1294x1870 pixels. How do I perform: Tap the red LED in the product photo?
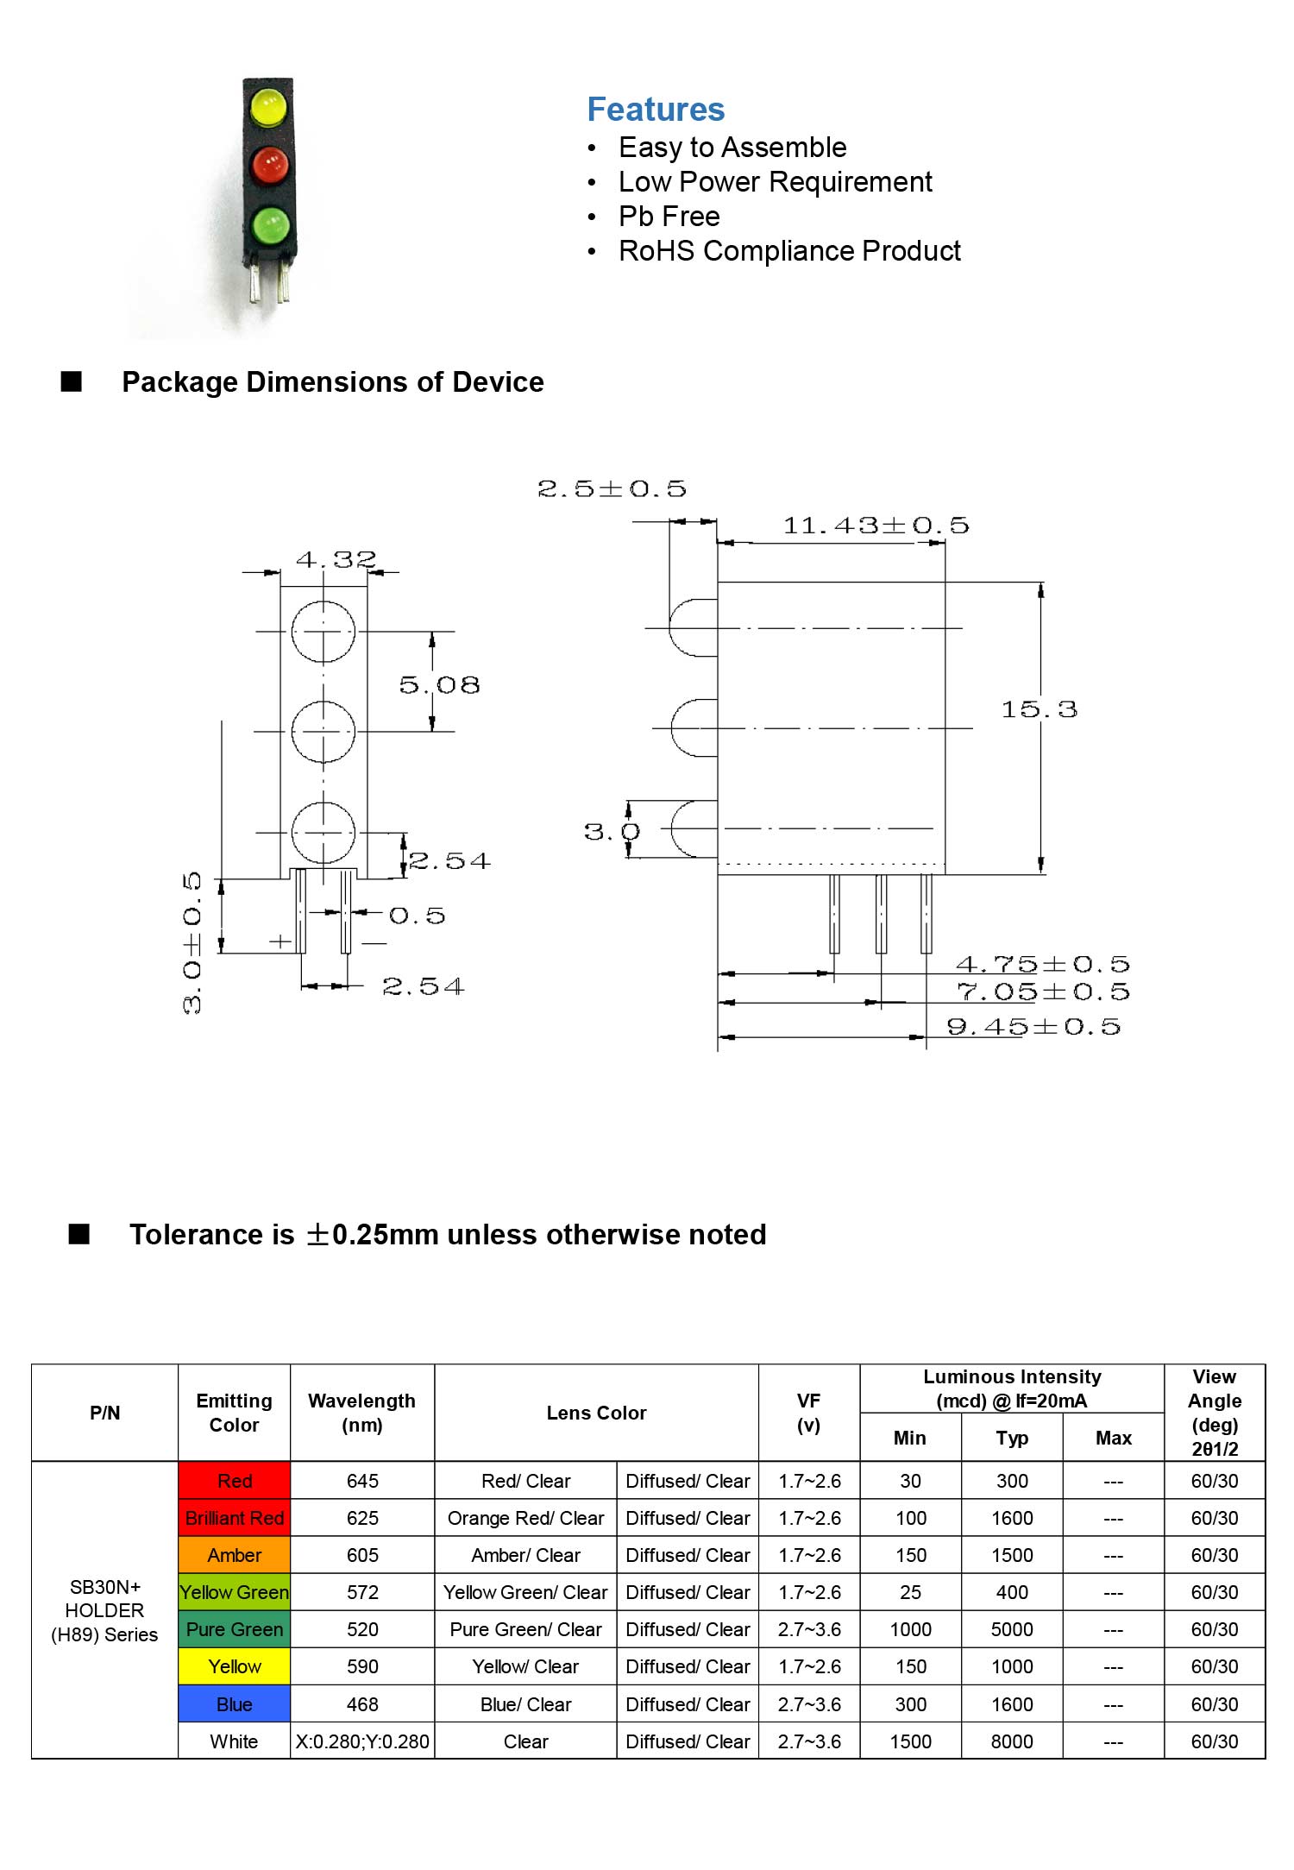(269, 165)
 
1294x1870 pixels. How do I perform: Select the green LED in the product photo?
(270, 225)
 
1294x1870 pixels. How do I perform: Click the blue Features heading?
(656, 110)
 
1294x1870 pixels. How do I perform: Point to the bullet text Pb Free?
(669, 216)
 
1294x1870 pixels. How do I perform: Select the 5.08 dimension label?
(439, 685)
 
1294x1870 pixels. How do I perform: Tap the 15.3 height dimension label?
(1039, 709)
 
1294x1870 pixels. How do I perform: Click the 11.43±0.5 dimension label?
(876, 526)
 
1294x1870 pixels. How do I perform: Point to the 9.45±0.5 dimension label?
(1033, 1026)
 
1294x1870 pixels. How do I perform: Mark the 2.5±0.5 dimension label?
(612, 489)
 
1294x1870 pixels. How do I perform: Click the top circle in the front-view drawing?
(323, 632)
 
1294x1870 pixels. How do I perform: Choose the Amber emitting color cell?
(235, 1555)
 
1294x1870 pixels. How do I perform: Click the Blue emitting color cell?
(235, 1704)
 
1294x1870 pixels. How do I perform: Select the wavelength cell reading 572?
(362, 1592)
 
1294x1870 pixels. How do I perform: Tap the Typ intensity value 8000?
(1012, 1741)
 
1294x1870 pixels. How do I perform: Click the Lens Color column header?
(596, 1413)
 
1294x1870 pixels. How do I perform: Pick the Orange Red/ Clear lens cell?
(525, 1518)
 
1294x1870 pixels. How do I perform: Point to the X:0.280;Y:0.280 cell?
(362, 1741)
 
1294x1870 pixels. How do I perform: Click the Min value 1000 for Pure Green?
(911, 1629)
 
